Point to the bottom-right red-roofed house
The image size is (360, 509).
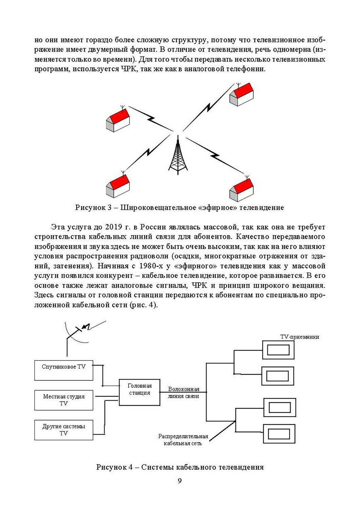pyautogui.click(x=241, y=189)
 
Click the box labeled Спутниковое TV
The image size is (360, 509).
pyautogui.click(x=64, y=370)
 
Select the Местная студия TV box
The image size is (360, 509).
pyautogui.click(x=64, y=400)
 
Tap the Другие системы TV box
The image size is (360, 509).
pyautogui.click(x=64, y=430)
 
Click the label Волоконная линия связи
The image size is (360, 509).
pyautogui.click(x=184, y=393)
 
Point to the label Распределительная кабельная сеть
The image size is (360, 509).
pyautogui.click(x=183, y=440)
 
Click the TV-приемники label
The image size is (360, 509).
pyautogui.click(x=300, y=337)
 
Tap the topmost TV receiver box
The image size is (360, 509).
pyautogui.click(x=278, y=350)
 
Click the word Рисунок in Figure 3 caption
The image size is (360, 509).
pyautogui.click(x=89, y=207)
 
